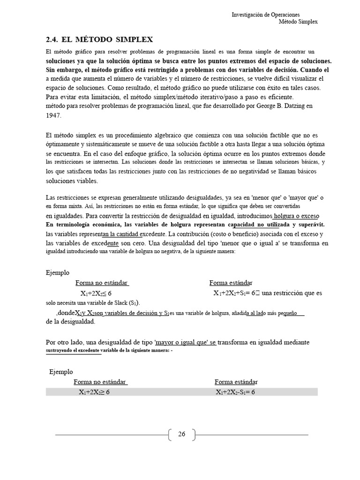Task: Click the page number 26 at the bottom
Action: (182, 435)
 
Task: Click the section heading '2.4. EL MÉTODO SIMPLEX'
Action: (99, 39)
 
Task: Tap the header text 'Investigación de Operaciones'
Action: (266, 15)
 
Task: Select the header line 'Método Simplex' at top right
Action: (298, 22)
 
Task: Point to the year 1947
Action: (54, 115)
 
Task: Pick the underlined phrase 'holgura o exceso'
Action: (296, 216)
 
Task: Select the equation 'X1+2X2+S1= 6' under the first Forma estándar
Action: (237, 293)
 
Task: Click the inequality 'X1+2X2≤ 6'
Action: (96, 293)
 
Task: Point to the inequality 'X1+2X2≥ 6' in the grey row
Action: (94, 392)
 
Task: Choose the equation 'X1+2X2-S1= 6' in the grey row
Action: (235, 392)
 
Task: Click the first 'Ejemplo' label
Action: (58, 272)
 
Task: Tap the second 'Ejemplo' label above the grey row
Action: (61, 372)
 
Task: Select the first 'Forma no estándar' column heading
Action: (102, 283)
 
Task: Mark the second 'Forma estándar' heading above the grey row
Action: (236, 382)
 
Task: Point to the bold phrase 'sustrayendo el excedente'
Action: (73, 351)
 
